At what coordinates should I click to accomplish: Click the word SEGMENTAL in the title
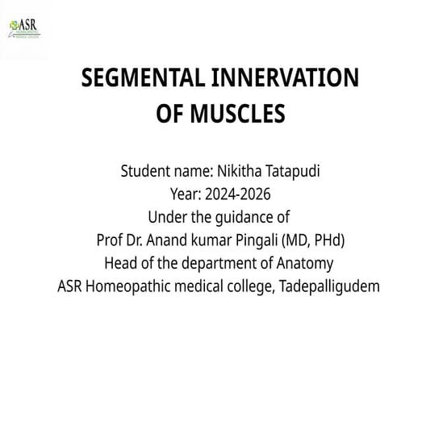[143, 78]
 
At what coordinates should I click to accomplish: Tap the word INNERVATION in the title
[284, 78]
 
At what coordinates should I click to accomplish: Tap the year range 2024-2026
[237, 194]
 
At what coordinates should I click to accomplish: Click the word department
[212, 264]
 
